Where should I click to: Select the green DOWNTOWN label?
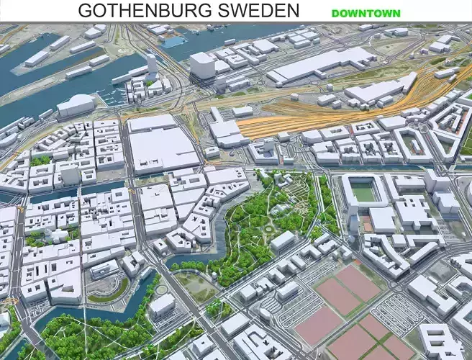pos(366,13)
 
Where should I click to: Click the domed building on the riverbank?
pos(76,105)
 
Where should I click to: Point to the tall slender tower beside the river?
pos(152,66)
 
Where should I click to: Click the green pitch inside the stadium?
pos(366,192)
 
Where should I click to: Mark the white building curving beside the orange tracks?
pos(379,91)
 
